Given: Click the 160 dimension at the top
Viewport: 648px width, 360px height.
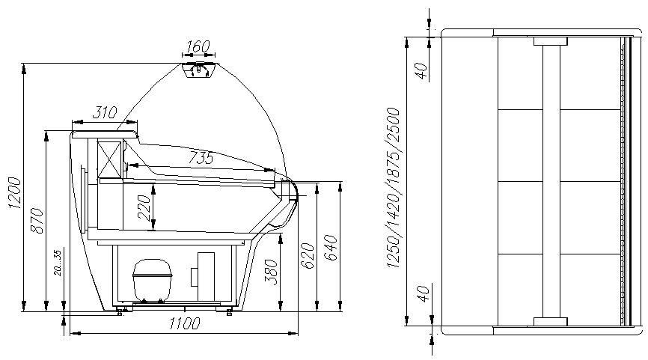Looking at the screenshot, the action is pos(198,46).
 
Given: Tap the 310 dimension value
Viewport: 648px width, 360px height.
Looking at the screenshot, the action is pos(105,112).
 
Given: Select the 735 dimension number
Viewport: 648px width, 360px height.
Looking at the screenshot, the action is pos(201,158).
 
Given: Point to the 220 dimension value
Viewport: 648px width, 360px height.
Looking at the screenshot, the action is pos(144,208).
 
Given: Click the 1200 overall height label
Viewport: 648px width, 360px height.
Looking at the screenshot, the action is pos(15,193).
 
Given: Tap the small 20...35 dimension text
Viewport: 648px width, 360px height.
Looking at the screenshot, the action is pos(58,263).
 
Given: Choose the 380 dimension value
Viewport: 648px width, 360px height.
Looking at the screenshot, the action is pos(271,272).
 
